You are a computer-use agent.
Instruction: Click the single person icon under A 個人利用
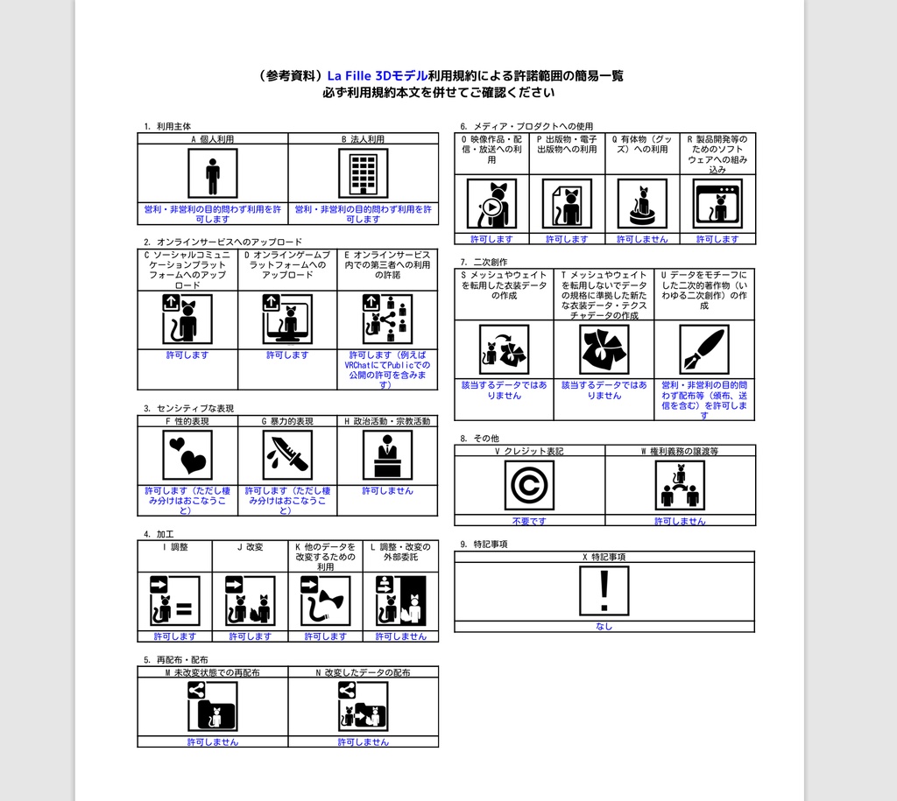(213, 173)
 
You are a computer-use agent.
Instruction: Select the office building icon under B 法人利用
(363, 173)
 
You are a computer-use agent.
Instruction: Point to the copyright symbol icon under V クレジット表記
(529, 485)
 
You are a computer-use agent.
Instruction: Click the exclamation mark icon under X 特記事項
(604, 591)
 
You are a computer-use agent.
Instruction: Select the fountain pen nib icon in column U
(704, 349)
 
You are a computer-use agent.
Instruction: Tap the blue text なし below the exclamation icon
(604, 626)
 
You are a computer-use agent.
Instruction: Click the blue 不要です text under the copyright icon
(529, 521)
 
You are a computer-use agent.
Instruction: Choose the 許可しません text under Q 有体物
(642, 239)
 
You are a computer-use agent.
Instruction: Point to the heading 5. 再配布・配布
(175, 659)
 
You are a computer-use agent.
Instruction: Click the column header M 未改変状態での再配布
(213, 672)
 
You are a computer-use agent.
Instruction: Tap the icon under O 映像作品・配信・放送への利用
(491, 204)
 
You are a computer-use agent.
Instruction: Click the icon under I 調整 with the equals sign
(175, 601)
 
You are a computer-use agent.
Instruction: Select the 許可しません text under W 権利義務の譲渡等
(680, 521)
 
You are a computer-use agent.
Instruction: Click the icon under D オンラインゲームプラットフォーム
(287, 320)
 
